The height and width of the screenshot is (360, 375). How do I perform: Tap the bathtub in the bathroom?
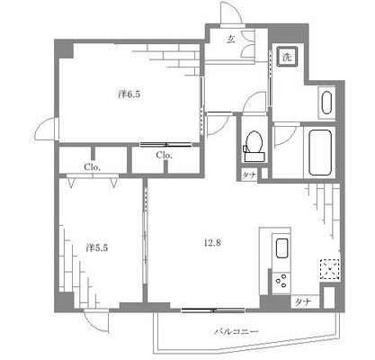pyautogui.click(x=319, y=153)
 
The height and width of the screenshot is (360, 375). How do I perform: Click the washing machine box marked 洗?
pyautogui.click(x=287, y=55)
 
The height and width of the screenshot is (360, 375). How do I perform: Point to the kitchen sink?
pyautogui.click(x=281, y=248)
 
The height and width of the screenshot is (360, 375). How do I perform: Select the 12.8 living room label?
pyautogui.click(x=210, y=241)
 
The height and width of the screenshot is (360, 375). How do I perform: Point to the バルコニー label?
pyautogui.click(x=236, y=332)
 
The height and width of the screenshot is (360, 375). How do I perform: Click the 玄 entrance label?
pyautogui.click(x=231, y=40)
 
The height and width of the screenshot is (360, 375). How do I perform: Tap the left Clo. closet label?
pyautogui.click(x=92, y=166)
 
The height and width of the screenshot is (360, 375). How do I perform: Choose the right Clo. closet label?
pyautogui.click(x=164, y=156)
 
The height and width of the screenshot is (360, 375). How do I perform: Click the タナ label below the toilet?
pyautogui.click(x=248, y=175)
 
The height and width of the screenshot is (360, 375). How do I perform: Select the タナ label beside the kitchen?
pyautogui.click(x=301, y=301)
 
